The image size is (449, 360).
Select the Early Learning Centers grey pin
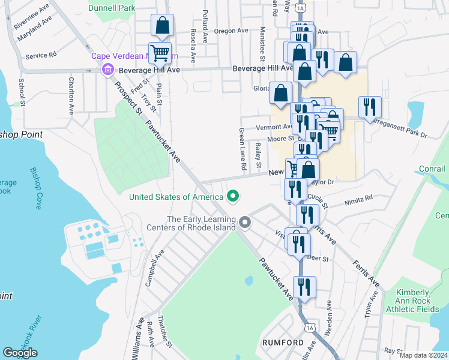point(244,223)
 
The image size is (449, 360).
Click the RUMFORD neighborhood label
point(283,342)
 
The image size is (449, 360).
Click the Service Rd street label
point(41,55)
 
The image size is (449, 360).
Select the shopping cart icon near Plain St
point(160,53)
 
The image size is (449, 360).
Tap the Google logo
point(20,353)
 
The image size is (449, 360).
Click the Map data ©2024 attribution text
point(423,355)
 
